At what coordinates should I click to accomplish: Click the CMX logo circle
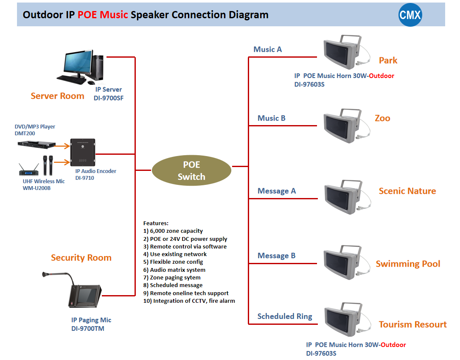[x=410, y=15]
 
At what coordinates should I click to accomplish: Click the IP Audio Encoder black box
[x=82, y=153]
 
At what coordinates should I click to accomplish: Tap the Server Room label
[x=57, y=96]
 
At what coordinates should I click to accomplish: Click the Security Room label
[x=81, y=258]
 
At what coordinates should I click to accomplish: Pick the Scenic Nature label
[x=407, y=191]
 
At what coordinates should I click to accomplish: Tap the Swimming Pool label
[x=408, y=264]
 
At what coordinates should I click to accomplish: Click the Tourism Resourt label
[x=412, y=325]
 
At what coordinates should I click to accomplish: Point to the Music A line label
[x=267, y=50]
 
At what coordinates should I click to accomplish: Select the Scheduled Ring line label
[x=284, y=316]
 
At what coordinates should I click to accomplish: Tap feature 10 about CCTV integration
[x=189, y=301]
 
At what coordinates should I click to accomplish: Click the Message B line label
[x=276, y=256]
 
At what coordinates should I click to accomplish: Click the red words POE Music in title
[x=103, y=15]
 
